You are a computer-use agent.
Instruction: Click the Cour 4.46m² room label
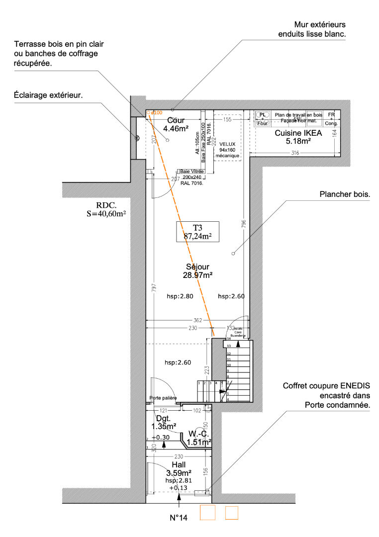[x=176, y=124]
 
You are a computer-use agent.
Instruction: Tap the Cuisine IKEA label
[x=298, y=137]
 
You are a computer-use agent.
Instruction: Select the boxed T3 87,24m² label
[x=198, y=232]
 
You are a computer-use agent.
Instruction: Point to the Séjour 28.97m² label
[x=197, y=270]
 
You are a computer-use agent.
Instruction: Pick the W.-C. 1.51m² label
[x=199, y=437]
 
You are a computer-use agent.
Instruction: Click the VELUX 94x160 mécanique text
[x=227, y=150]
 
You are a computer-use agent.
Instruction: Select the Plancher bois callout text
[x=345, y=195]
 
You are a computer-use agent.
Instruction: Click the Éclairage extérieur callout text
[x=48, y=94]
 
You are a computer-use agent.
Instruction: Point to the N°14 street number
[x=178, y=518]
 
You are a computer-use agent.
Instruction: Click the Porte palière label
[x=163, y=398]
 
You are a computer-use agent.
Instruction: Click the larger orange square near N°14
[x=207, y=513]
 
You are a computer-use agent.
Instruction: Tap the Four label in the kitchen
[x=263, y=123]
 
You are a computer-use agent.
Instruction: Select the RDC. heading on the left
[x=106, y=205]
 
